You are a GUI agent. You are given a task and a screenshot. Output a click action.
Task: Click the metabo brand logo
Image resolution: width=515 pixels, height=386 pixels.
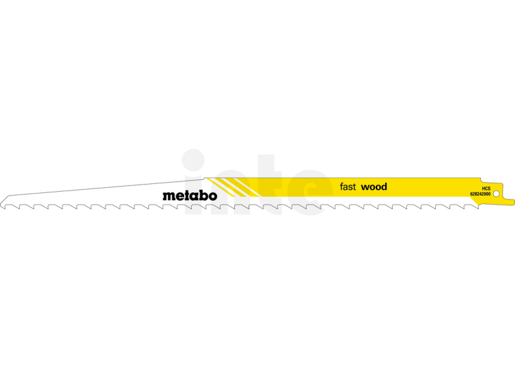point(190,196)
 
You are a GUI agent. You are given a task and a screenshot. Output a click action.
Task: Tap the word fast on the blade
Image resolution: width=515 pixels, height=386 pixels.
point(348,187)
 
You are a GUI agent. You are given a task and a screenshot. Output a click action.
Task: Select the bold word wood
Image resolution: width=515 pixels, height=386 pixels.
point(374,187)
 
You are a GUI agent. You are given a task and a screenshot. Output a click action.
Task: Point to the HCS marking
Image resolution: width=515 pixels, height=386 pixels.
point(486,188)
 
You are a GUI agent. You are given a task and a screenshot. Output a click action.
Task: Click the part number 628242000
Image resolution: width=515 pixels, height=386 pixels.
point(480,194)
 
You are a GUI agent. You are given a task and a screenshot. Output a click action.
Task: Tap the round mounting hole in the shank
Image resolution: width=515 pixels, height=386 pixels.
point(496,194)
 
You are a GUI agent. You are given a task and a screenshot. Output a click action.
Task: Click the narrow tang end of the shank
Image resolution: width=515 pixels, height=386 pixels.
point(509,202)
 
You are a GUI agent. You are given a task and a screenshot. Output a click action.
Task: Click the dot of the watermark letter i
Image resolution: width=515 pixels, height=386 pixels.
point(194,160)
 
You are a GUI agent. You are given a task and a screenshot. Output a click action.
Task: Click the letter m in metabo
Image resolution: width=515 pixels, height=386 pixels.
point(167,196)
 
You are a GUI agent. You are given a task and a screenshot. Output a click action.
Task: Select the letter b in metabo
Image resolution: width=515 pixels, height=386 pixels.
point(204,196)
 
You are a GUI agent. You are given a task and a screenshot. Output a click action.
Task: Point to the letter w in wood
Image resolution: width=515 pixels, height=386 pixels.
point(365,188)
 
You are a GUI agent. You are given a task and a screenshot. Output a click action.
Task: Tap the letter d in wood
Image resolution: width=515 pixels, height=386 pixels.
point(384,187)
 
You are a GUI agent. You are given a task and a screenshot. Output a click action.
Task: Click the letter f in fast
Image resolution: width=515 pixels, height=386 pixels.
point(342,187)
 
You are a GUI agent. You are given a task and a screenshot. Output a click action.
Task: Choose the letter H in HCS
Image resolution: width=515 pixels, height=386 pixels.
point(483,188)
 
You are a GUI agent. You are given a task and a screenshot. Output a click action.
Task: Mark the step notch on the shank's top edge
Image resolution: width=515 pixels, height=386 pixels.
point(482,180)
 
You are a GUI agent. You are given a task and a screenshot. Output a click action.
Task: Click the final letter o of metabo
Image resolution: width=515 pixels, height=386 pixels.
point(213,196)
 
